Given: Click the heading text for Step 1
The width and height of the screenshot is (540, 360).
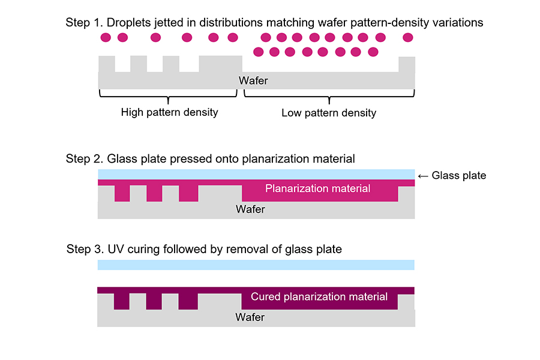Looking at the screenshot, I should click(x=274, y=23).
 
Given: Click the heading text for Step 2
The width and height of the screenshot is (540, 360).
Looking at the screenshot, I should click(x=210, y=159).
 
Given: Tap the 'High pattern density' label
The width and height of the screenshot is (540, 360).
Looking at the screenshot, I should click(x=169, y=112).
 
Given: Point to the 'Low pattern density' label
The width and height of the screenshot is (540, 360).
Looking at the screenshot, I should click(x=328, y=113).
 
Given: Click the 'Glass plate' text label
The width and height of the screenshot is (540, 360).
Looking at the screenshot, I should click(x=458, y=176).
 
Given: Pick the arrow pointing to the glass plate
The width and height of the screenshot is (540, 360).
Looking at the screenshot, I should click(x=422, y=176).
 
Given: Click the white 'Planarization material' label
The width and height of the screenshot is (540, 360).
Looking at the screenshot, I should click(x=317, y=188).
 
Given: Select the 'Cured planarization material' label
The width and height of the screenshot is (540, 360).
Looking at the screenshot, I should click(x=319, y=297).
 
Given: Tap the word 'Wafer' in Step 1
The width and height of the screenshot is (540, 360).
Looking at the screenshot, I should click(x=253, y=81).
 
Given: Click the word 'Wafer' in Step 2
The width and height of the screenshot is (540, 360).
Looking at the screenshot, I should click(x=250, y=209).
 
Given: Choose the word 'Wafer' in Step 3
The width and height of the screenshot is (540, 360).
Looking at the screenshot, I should click(x=250, y=317).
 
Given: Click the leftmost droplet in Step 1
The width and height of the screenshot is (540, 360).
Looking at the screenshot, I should click(x=106, y=38).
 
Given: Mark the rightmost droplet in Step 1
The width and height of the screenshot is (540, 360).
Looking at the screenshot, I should click(x=408, y=38).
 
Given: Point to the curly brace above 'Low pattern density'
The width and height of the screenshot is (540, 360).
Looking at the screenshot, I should click(x=328, y=95).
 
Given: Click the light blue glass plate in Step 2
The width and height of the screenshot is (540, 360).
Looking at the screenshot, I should click(x=256, y=174).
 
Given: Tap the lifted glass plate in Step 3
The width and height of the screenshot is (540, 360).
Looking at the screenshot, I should click(x=256, y=265).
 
